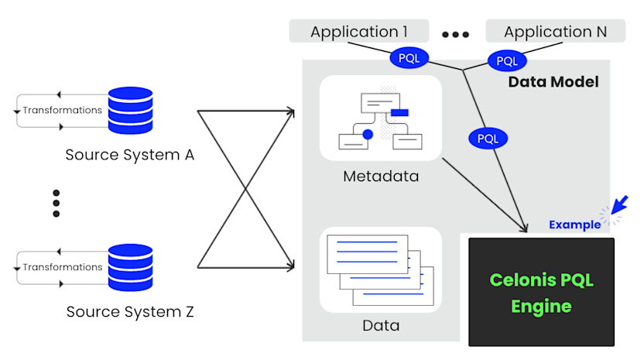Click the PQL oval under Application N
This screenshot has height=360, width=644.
[x=507, y=60]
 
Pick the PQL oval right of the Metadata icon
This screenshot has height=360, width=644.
[x=488, y=139]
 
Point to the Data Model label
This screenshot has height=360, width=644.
[x=553, y=81]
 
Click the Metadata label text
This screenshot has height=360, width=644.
[x=380, y=177]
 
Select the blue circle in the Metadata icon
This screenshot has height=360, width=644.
[x=368, y=134]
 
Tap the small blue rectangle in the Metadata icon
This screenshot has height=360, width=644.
[x=399, y=113]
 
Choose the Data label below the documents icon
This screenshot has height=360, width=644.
[x=381, y=325]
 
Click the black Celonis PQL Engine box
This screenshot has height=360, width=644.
[x=541, y=292]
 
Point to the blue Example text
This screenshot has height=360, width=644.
[x=574, y=225]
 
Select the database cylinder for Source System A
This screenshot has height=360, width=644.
[x=130, y=111]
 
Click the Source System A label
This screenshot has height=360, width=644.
[x=129, y=155]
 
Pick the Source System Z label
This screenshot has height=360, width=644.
[x=129, y=312]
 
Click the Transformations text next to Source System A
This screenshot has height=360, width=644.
[x=62, y=110]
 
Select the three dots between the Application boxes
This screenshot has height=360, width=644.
[x=456, y=35]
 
